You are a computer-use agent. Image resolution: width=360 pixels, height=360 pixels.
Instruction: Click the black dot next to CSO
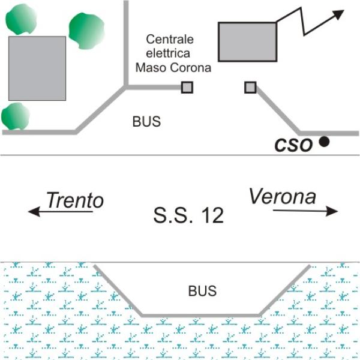click(x=324, y=142)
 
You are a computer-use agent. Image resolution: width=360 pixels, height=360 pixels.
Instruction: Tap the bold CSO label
click(x=293, y=145)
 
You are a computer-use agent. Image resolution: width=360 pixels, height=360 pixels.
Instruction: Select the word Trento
click(x=75, y=200)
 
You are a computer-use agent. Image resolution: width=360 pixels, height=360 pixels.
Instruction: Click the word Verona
click(x=283, y=196)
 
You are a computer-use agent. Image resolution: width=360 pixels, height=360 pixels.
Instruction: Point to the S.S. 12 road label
click(x=188, y=215)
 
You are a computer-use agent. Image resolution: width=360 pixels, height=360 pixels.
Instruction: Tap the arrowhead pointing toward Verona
click(x=332, y=211)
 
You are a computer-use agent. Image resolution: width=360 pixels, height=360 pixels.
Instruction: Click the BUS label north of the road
click(x=146, y=121)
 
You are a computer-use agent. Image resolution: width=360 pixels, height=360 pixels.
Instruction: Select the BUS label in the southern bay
click(x=202, y=291)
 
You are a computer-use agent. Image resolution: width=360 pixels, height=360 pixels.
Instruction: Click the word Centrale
click(x=170, y=39)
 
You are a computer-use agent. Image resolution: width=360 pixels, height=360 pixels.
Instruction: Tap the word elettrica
click(x=168, y=53)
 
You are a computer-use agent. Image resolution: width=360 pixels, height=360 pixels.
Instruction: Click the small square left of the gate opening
click(x=187, y=87)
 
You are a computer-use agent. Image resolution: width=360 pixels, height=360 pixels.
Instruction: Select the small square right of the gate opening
click(x=250, y=87)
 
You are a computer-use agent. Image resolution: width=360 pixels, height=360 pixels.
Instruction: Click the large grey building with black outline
click(x=247, y=42)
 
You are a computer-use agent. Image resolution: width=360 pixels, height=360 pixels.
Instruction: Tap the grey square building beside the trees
click(x=37, y=68)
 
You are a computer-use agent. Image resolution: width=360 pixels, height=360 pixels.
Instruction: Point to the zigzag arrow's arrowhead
click(x=338, y=14)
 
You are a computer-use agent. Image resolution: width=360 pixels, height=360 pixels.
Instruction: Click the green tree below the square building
click(x=16, y=116)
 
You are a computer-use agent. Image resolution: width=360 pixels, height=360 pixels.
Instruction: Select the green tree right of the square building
click(x=87, y=31)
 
